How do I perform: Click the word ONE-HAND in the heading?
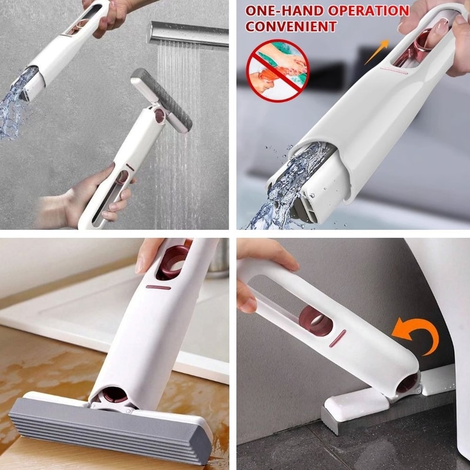284,11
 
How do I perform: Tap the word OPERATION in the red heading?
368,11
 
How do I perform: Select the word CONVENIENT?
291,26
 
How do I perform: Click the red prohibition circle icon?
277,70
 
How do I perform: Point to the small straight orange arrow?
377,52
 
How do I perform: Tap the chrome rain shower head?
187,33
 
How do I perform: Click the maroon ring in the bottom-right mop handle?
315,320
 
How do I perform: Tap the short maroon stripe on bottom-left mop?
158,287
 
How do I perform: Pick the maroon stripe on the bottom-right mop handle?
337,338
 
